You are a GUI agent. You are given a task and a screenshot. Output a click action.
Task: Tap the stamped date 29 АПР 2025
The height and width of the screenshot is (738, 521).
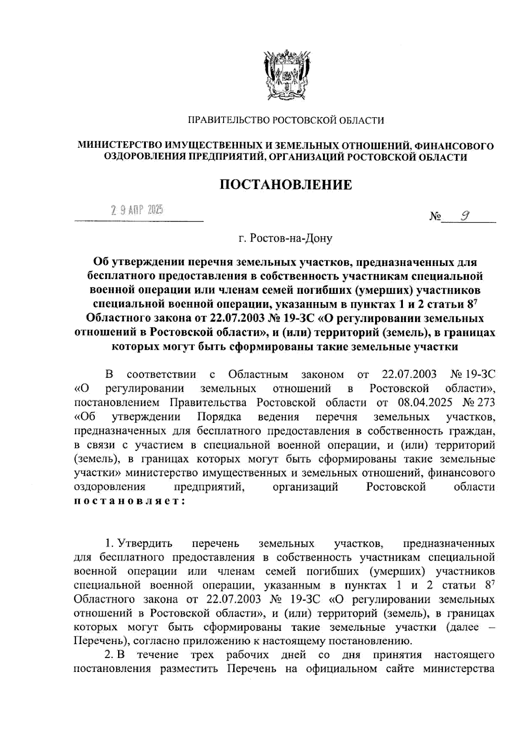(137, 211)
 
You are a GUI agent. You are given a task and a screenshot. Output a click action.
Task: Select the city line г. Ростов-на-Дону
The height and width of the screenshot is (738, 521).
(285, 239)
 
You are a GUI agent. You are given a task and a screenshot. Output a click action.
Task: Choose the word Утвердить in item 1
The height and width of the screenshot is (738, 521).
(145, 543)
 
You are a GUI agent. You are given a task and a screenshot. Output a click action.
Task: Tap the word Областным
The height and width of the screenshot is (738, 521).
(258, 374)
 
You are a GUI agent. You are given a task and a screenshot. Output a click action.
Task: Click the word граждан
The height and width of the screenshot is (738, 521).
(472, 431)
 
